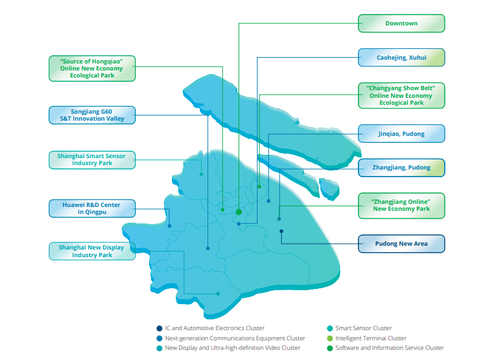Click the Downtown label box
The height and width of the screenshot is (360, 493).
coord(401,23)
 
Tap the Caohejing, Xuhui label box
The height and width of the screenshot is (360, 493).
coord(401,58)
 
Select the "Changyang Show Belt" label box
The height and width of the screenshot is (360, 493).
coord(401,95)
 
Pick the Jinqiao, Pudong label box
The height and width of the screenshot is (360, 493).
coord(401,134)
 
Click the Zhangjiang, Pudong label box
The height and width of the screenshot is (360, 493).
coord(401,168)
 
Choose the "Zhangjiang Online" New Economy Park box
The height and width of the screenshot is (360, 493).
coord(401,205)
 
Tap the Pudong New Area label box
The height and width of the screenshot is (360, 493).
coord(401,244)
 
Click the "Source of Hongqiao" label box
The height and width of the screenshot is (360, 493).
coord(92,68)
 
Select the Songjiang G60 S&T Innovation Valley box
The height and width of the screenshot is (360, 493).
coord(92,115)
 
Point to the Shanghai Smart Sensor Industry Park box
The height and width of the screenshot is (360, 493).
coord(92,159)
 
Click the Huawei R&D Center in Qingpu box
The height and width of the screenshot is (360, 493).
coord(92,208)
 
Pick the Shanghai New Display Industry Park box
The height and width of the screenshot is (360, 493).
coord(92,251)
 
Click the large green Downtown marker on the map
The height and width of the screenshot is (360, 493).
coord(239,212)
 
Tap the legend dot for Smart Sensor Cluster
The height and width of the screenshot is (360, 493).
coord(329,328)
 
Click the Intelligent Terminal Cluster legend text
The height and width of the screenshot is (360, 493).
coord(371,338)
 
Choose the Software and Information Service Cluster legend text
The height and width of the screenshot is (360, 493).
coord(389,348)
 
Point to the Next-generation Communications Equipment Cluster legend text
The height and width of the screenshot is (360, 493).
coord(235,338)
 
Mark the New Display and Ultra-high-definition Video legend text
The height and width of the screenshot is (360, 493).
coord(232,348)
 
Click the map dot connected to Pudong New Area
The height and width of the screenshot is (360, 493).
coord(281,231)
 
